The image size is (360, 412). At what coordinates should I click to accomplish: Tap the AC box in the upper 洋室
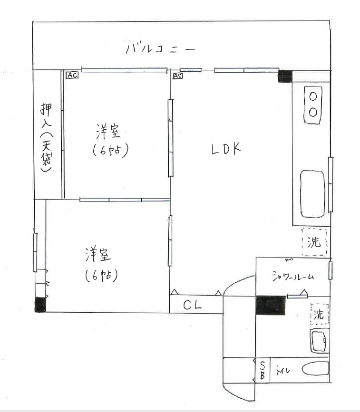pyautogui.click(x=72, y=75)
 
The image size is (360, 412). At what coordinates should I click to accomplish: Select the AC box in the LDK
pyautogui.click(x=178, y=76)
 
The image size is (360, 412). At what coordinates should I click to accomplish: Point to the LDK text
pyautogui.click(x=226, y=149)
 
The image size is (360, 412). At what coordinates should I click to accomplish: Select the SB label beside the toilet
pyautogui.click(x=263, y=370)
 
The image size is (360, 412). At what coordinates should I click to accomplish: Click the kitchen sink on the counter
pyautogui.click(x=313, y=194)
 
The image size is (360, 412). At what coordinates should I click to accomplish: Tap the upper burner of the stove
pyautogui.click(x=313, y=96)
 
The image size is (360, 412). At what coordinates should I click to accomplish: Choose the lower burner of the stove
pyautogui.click(x=313, y=112)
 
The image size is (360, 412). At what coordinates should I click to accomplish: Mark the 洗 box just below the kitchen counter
pyautogui.click(x=314, y=242)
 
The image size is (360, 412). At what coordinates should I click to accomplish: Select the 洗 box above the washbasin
pyautogui.click(x=319, y=314)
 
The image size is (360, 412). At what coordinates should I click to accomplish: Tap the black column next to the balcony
pyautogui.click(x=285, y=76)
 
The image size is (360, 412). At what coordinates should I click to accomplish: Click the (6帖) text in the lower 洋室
pyautogui.click(x=101, y=275)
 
